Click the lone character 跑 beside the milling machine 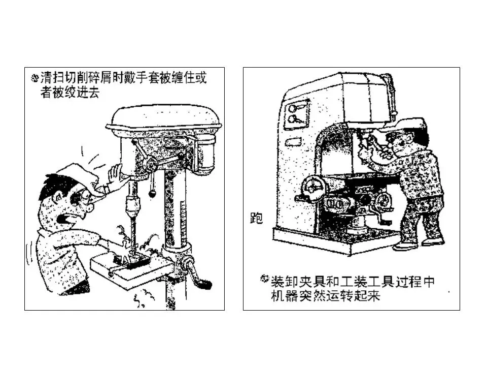[x=257, y=218]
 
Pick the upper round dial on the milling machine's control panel [x=293, y=108]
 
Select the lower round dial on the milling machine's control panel [x=293, y=118]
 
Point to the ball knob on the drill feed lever [x=152, y=194]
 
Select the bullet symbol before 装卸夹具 [x=265, y=278]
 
